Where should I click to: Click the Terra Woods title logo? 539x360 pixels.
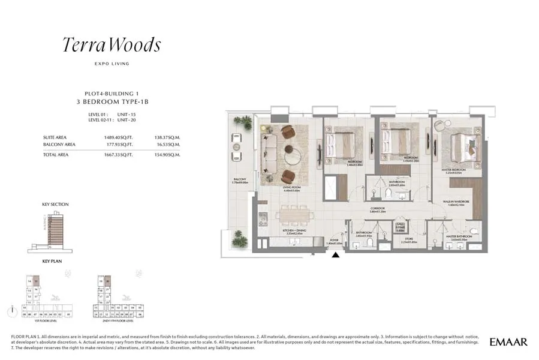coord(112,45)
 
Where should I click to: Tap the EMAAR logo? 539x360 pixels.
coord(508,342)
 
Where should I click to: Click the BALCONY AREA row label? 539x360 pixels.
coord(59,144)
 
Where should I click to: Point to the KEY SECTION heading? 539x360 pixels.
coord(55,205)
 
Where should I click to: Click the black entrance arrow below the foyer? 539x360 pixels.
coord(336,254)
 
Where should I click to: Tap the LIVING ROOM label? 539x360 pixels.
coord(291,188)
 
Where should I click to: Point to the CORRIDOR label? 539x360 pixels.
coord(378,209)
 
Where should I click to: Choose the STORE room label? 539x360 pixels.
coord(408,240)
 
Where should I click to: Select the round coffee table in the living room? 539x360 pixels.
coord(293,156)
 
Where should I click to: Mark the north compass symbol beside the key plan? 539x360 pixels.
coord(11,311)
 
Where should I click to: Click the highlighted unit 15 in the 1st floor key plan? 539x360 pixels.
coord(35,280)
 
